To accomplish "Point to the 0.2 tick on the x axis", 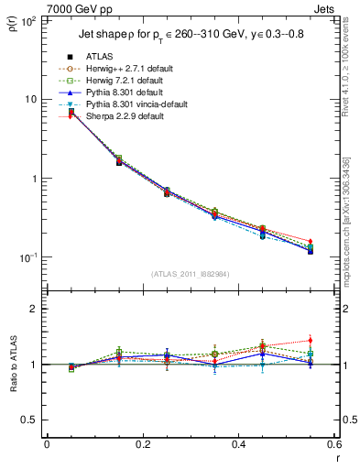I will pyautogui.click(x=142, y=444).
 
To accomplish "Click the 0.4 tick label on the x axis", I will pyautogui.click(x=238, y=444).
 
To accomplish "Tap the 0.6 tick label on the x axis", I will pyautogui.click(x=333, y=444).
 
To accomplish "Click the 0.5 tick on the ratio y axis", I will pyautogui.click(x=29, y=420).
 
